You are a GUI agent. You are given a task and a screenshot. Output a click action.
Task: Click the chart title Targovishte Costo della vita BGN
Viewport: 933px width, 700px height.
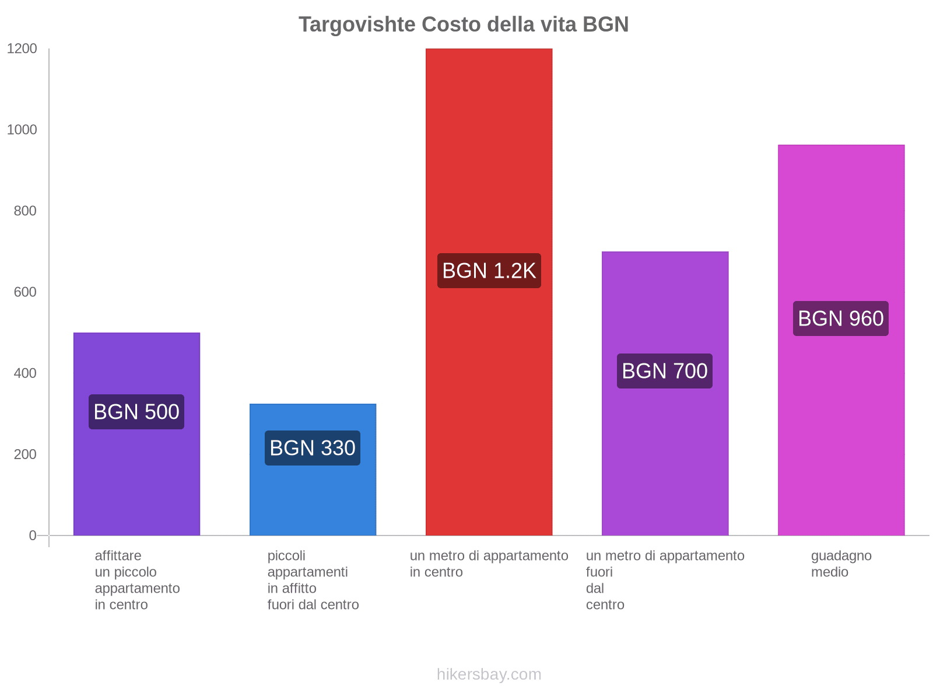pyautogui.click(x=464, y=24)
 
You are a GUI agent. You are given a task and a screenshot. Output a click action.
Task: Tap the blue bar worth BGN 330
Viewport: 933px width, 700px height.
pyautogui.click(x=313, y=496)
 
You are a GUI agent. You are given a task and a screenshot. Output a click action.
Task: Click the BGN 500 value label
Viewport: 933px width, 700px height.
pyautogui.click(x=136, y=412)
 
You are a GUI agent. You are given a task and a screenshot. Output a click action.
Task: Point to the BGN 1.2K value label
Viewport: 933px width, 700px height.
pyautogui.click(x=489, y=271)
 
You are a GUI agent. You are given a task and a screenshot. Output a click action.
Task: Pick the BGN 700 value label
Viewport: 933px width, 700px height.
pyautogui.click(x=665, y=371)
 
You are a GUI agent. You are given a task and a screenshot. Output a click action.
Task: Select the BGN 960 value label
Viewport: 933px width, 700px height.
pyautogui.click(x=841, y=318)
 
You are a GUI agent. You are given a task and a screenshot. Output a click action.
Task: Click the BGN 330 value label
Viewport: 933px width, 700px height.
pyautogui.click(x=313, y=448)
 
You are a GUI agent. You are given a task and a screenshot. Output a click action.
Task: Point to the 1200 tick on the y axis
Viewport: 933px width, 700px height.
pyautogui.click(x=22, y=49)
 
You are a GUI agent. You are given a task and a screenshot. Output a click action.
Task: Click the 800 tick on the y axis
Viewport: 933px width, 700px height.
pyautogui.click(x=25, y=211)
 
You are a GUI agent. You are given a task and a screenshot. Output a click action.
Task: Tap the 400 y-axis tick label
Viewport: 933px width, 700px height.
pyautogui.click(x=25, y=373)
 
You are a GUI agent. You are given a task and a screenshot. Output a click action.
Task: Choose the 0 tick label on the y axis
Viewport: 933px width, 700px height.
pyautogui.click(x=33, y=535)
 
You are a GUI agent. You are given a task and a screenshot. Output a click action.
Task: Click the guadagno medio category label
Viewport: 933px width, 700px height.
pyautogui.click(x=841, y=563)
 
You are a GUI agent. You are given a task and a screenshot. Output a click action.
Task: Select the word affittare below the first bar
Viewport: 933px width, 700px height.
pyautogui.click(x=118, y=555)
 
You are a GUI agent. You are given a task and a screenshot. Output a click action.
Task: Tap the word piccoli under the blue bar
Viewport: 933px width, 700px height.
pyautogui.click(x=286, y=555)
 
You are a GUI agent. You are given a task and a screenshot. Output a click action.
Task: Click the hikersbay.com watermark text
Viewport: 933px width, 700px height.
pyautogui.click(x=489, y=674)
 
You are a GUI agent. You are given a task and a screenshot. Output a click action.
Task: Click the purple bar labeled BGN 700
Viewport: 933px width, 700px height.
pyautogui.click(x=665, y=467)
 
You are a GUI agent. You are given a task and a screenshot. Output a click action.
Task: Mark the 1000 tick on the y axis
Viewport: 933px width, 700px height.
pyautogui.click(x=22, y=130)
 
